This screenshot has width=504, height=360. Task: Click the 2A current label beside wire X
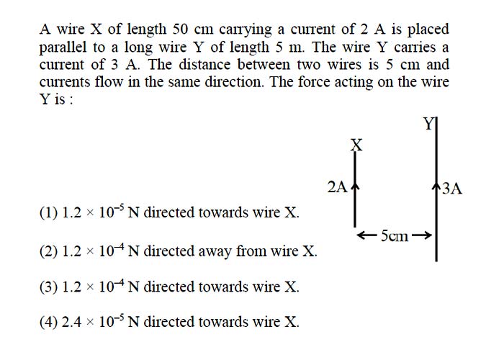pyautogui.click(x=338, y=186)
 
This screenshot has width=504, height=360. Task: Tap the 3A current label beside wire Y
pyautogui.click(x=452, y=189)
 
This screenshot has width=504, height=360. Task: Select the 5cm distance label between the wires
pyautogui.click(x=395, y=236)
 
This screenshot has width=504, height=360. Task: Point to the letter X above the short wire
pyautogui.click(x=356, y=145)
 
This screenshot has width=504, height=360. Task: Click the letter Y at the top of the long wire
pyautogui.click(x=428, y=124)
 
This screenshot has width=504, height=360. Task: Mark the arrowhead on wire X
pyautogui.click(x=355, y=187)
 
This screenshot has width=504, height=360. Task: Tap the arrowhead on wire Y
pyautogui.click(x=436, y=187)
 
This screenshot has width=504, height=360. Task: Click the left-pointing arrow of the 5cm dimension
pyautogui.click(x=368, y=235)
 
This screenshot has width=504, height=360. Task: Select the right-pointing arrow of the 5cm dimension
pyautogui.click(x=420, y=235)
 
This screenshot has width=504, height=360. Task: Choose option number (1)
pyautogui.click(x=49, y=213)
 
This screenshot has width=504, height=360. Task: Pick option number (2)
pyautogui.click(x=49, y=251)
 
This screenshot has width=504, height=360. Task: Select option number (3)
pyautogui.click(x=49, y=287)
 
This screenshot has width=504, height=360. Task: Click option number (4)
pyautogui.click(x=49, y=322)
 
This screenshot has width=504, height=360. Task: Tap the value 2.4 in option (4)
pyautogui.click(x=71, y=322)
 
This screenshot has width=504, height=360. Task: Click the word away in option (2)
pyautogui.click(x=214, y=252)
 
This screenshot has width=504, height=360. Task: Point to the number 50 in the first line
pyautogui.click(x=180, y=30)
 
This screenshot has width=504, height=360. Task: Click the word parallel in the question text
pyautogui.click(x=63, y=48)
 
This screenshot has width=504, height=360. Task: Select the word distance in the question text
pyautogui.click(x=204, y=65)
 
